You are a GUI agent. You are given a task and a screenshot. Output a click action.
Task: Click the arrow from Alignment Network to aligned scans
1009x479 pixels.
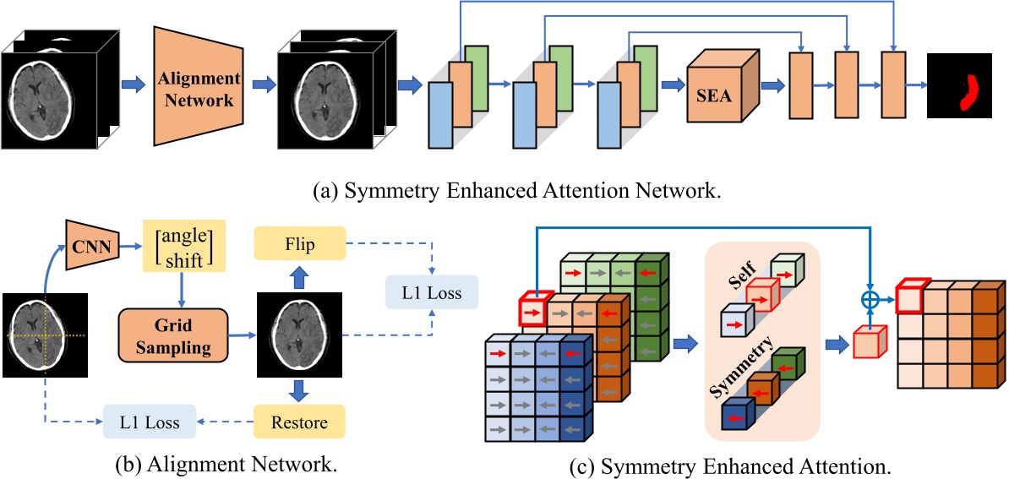[263, 85]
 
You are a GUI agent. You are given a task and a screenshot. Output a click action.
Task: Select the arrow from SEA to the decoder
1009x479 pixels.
[772, 85]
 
